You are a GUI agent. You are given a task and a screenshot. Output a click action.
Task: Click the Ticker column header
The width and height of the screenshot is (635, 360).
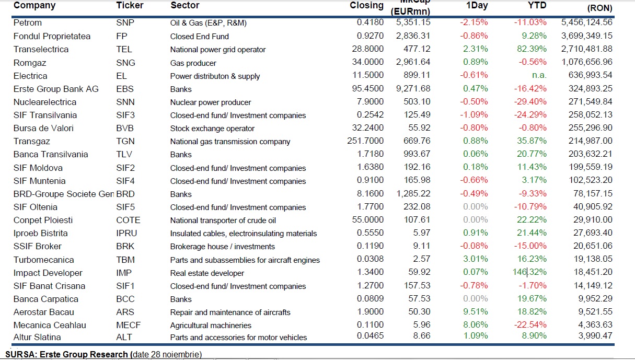130,6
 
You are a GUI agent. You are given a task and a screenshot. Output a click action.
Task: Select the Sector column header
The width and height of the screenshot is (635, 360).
184,6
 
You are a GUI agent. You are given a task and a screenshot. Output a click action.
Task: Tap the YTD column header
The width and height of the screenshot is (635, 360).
537,6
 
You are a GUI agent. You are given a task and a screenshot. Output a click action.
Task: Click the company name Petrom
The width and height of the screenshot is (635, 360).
28,22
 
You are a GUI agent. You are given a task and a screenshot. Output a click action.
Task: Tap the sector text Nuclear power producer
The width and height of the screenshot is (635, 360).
211,102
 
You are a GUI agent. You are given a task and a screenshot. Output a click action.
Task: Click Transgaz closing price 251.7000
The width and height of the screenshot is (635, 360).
365,141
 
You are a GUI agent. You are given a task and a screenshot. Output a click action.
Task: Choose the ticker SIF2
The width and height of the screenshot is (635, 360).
125,168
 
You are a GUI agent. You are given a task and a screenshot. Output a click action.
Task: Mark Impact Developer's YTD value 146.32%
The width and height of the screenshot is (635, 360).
529,273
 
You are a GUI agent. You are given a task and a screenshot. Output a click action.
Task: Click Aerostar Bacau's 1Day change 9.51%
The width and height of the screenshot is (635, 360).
477,312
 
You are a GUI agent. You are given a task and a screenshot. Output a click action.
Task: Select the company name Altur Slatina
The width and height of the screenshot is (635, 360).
37,337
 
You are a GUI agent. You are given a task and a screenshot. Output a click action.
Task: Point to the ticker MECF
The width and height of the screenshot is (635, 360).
128,325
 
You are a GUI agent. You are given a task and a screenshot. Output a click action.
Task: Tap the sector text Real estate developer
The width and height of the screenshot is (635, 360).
207,273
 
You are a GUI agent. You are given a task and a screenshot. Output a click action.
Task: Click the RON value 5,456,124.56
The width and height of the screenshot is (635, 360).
586,22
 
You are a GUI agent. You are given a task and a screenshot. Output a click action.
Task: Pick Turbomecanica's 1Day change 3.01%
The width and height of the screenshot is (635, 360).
477,260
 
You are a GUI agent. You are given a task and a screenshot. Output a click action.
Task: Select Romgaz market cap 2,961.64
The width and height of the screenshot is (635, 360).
413,63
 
